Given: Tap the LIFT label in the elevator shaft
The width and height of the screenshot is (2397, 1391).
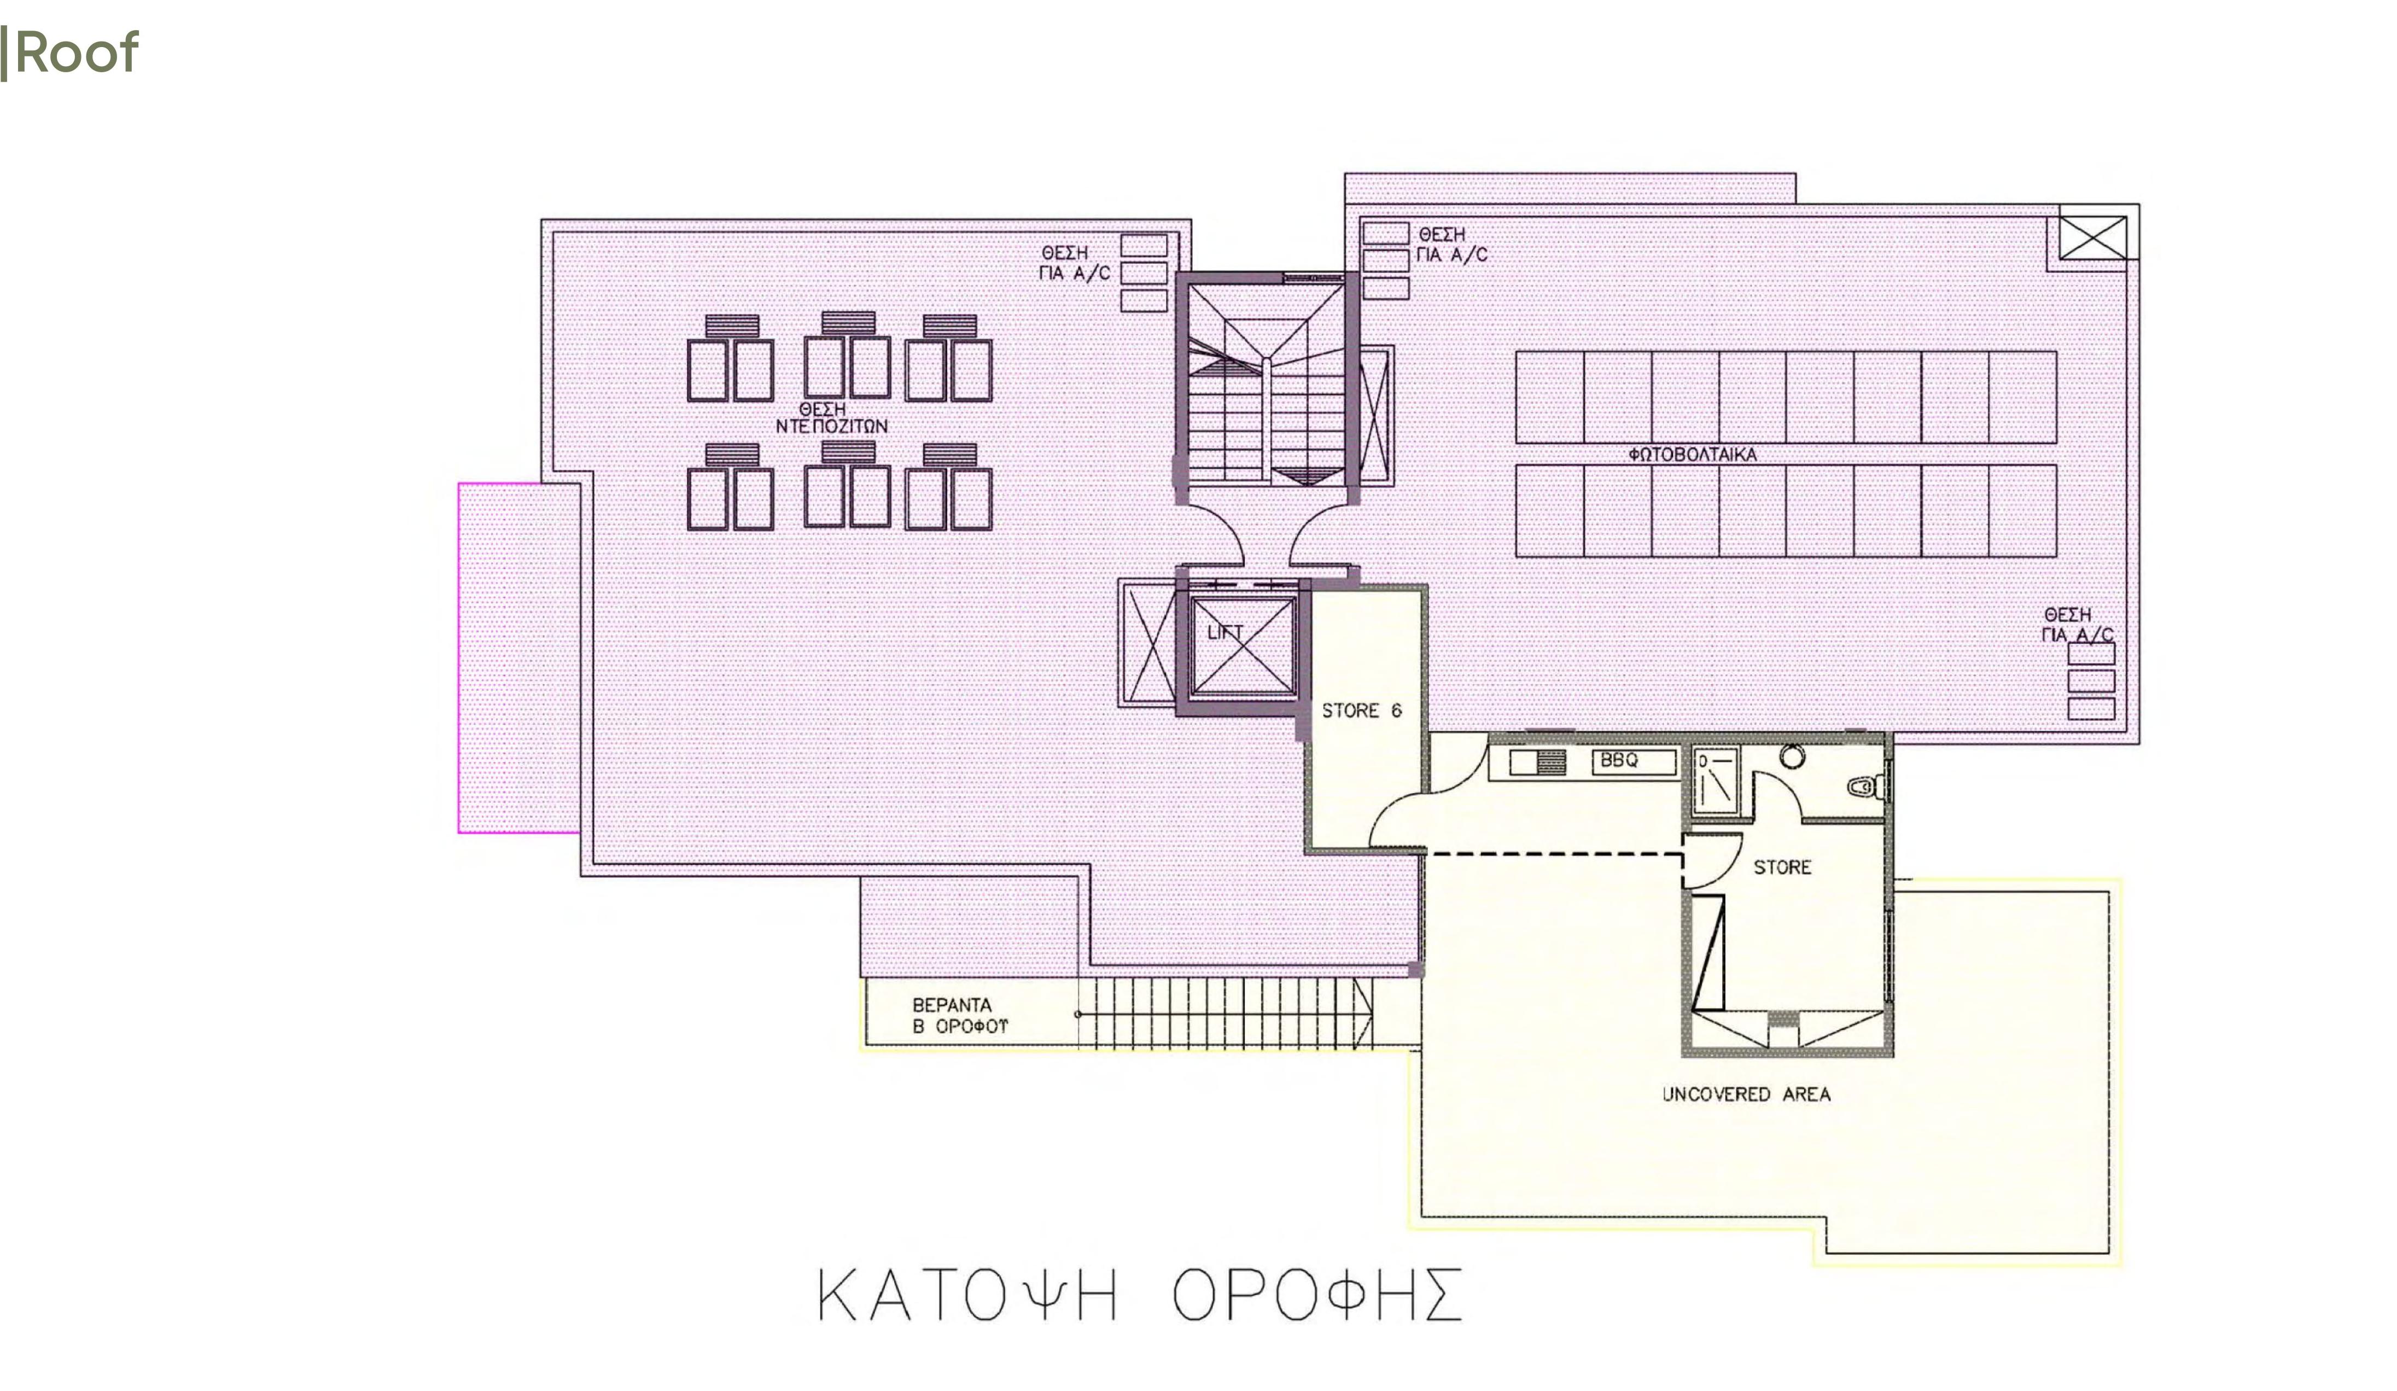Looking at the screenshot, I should (1224, 632).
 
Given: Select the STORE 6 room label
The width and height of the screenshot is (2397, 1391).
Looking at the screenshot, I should (1361, 711).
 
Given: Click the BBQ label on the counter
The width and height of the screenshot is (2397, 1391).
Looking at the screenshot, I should (1619, 760).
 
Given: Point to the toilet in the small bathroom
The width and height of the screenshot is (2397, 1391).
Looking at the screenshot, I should (1864, 787).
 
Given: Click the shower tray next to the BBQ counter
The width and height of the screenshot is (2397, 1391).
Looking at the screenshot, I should (1715, 783).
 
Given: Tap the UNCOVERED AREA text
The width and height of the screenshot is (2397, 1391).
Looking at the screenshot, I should (1746, 1094).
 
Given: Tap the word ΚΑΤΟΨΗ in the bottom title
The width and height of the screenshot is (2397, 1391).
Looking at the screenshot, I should (967, 1296).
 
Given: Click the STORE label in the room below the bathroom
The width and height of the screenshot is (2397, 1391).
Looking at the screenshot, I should (1782, 867).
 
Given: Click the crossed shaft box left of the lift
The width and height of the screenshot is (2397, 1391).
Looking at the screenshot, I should (1149, 643).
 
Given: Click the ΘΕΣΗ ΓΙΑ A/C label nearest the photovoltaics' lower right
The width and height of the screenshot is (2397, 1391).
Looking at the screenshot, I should (2078, 625).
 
